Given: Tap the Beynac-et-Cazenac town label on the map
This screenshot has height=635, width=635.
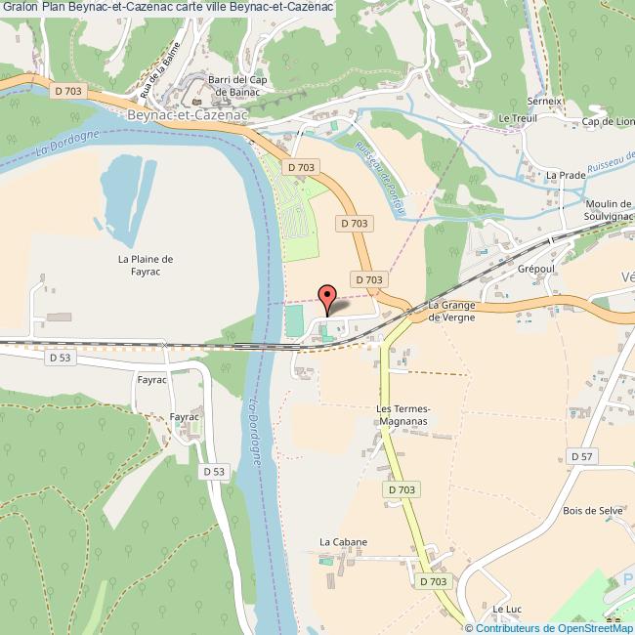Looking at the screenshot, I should point(186,114).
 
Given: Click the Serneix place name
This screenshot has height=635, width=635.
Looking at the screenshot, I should point(545,101).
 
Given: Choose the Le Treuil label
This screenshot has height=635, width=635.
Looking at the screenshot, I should point(518,118).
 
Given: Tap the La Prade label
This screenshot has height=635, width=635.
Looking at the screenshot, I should point(565,175).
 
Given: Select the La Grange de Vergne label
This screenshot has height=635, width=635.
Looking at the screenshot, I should point(451,312).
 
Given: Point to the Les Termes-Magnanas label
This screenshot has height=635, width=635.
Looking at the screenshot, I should point(402,414).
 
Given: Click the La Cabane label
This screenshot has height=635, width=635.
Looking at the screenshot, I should point(344,541).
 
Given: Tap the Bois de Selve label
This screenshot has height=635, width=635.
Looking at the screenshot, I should point(593,510).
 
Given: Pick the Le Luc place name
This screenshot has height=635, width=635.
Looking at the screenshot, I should point(506,609).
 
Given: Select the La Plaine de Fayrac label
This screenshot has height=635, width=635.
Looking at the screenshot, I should point(145,266).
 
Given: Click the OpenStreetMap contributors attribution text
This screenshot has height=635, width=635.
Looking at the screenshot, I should point(549,628).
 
